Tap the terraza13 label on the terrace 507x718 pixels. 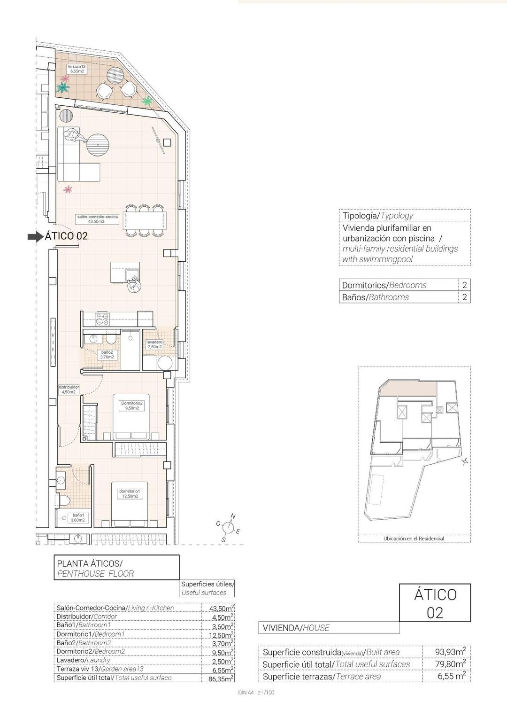76,69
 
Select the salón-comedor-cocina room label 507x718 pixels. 97,219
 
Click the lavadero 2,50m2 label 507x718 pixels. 154,344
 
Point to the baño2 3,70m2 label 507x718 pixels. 107,354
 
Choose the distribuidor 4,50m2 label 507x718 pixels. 69,389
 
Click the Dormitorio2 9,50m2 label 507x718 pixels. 131,406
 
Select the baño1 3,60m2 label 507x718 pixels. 78,517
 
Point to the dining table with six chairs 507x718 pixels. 145,219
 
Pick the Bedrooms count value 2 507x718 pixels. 464,285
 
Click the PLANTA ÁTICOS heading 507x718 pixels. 90,563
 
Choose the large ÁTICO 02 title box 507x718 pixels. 435,603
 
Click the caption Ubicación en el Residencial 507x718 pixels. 414,538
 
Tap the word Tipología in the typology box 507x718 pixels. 360,216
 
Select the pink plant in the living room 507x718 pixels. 68,189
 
